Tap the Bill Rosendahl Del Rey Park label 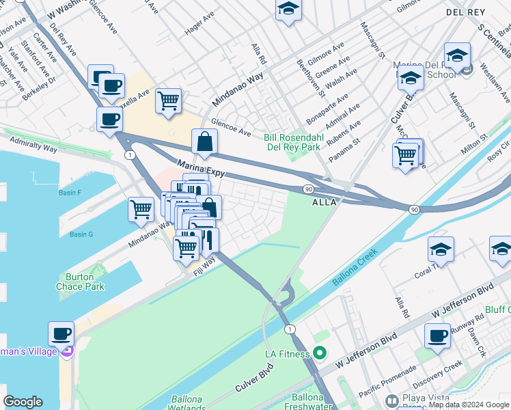coord(292,142)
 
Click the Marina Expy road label coord(201,169)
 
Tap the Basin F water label coord(70,193)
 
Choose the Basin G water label coord(81,234)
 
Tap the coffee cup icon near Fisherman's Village coord(61,334)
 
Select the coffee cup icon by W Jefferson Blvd coord(437,336)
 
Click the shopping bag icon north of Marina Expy coord(204,142)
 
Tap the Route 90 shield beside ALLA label coord(308,188)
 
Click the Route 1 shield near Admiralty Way coord(129,155)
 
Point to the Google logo coord(23,402)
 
